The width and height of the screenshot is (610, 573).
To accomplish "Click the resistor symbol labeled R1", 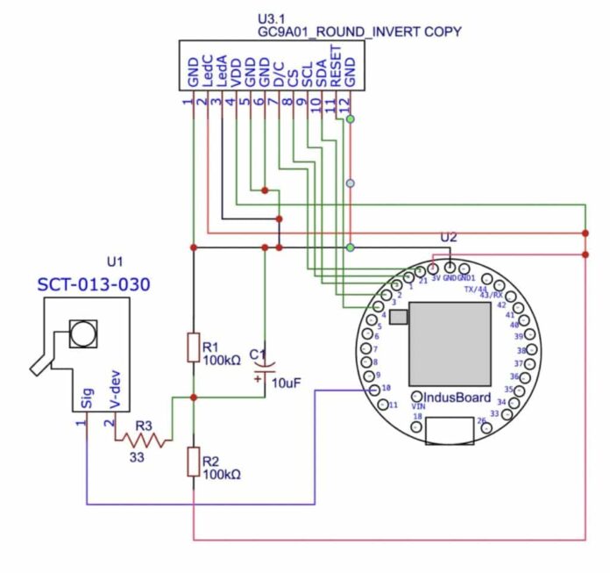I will click(x=194, y=347).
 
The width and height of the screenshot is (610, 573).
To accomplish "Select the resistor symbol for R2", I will click(x=194, y=462).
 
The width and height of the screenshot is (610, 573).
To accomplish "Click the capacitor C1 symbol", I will click(x=265, y=367).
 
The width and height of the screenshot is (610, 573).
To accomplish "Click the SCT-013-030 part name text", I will click(x=94, y=284).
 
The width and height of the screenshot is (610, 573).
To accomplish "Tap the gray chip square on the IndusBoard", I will click(x=449, y=343).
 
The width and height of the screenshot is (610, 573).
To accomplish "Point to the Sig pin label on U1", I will click(x=86, y=399).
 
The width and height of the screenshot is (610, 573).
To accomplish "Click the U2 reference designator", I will click(x=449, y=237).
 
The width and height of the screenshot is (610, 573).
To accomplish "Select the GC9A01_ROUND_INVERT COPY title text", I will click(x=359, y=32).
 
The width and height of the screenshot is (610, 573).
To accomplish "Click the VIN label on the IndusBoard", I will click(x=419, y=407).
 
